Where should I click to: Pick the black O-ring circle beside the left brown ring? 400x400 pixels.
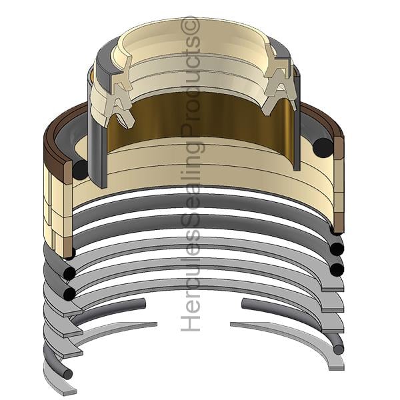coord(81,170)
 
